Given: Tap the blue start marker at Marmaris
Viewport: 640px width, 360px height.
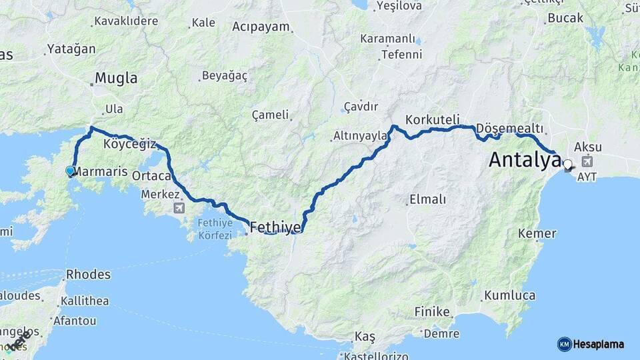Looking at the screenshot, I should pyautogui.click(x=70, y=171).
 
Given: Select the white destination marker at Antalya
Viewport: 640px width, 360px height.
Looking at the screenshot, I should pyautogui.click(x=567, y=163).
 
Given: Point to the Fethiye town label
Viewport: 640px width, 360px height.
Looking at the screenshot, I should pyautogui.click(x=275, y=229).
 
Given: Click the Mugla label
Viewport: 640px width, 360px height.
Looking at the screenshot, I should pyautogui.click(x=116, y=78).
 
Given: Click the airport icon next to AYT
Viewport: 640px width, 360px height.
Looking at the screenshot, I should pyautogui.click(x=587, y=161).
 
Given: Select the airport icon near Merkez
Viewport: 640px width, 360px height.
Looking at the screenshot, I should pyautogui.click(x=179, y=208).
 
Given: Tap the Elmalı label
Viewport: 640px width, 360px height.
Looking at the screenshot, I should pyautogui.click(x=427, y=199).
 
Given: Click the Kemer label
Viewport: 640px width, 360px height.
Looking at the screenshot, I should pyautogui.click(x=537, y=233).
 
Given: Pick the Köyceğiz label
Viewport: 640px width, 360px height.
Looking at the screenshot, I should pyautogui.click(x=129, y=144).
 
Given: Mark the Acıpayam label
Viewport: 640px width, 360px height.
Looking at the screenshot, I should pyautogui.click(x=261, y=27).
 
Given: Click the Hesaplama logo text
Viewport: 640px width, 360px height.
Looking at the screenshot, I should pyautogui.click(x=598, y=344).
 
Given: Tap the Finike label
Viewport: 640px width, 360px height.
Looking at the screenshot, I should pyautogui.click(x=432, y=311).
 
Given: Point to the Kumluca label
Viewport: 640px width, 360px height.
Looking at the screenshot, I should pyautogui.click(x=510, y=295).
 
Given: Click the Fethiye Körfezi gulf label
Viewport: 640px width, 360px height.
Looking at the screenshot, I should pyautogui.click(x=215, y=229).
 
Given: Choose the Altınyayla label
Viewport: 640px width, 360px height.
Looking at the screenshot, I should pyautogui.click(x=360, y=136).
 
